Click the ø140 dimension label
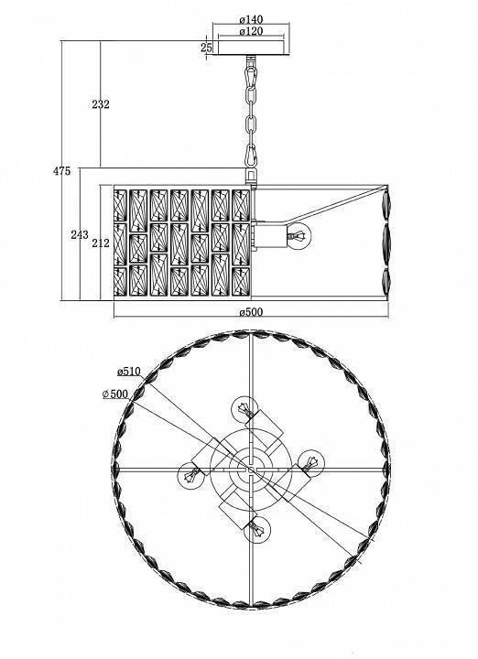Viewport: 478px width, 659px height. [x=251, y=19]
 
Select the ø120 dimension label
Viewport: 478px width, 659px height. [x=251, y=31]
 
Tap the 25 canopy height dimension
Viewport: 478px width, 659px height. [x=206, y=48]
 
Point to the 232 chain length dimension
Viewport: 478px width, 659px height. [x=101, y=104]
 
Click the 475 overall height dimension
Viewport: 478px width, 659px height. [x=61, y=171]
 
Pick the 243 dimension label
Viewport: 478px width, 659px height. [x=80, y=234]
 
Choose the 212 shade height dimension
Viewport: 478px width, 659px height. [x=101, y=243]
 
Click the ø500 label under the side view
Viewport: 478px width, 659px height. [x=251, y=312]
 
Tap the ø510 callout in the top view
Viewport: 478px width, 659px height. [x=128, y=372]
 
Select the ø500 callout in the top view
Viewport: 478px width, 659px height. [x=115, y=394]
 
